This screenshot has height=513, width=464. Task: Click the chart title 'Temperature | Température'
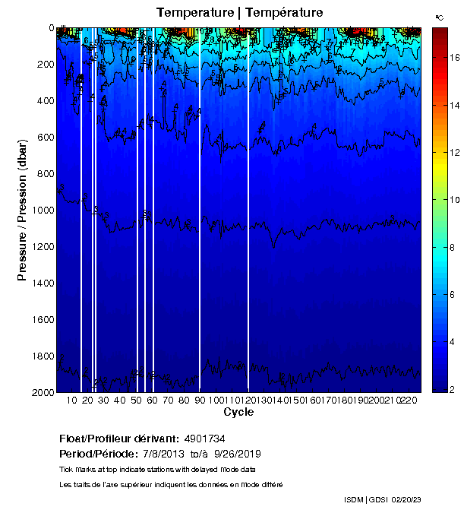[240, 13]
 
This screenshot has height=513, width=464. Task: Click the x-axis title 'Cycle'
[238, 412]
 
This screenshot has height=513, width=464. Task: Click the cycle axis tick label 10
[71, 400]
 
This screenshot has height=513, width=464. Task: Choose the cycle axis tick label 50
[136, 400]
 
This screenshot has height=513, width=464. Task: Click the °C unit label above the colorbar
[439, 17]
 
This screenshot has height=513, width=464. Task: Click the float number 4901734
[204, 439]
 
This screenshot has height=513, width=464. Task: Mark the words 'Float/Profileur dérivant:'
[118, 439]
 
